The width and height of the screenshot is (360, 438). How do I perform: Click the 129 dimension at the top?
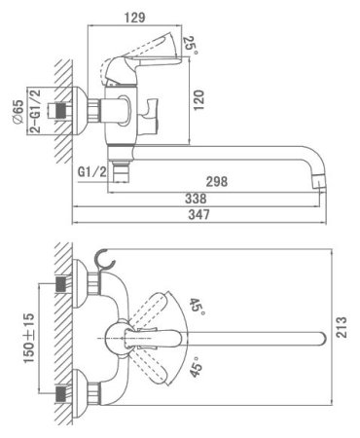click(135, 18)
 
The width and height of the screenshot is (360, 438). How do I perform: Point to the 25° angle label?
click(191, 45)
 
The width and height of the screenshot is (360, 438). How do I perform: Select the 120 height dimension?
click(198, 100)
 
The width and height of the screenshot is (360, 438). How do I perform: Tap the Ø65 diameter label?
click(18, 112)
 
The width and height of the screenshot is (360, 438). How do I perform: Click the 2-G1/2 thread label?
click(35, 111)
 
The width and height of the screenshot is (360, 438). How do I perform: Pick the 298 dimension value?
click(217, 182)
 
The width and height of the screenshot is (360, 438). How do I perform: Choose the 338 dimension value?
click(196, 199)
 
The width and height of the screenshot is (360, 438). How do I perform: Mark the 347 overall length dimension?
click(199, 214)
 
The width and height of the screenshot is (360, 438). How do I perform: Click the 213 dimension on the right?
click(342, 327)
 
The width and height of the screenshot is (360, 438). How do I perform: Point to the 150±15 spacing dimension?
click(28, 338)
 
